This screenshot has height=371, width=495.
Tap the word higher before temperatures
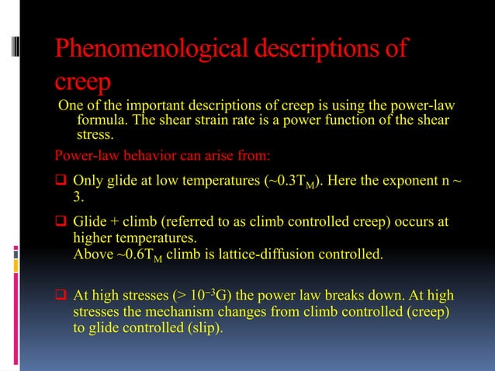tap(93, 237)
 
